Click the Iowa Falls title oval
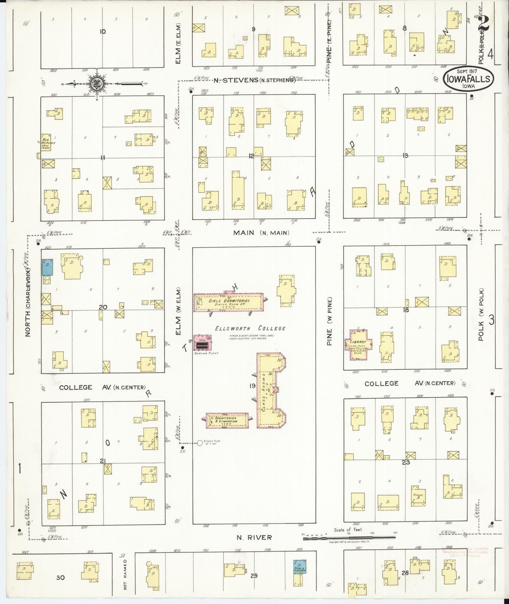click(468, 79)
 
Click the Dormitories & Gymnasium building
click(227, 421)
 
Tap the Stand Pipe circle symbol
click(200, 443)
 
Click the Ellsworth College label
click(250, 328)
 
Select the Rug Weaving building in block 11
click(45, 142)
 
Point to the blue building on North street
click(48, 267)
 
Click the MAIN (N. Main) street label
click(261, 233)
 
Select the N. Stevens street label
click(254, 80)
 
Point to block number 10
click(103, 32)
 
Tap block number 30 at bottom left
click(60, 577)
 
